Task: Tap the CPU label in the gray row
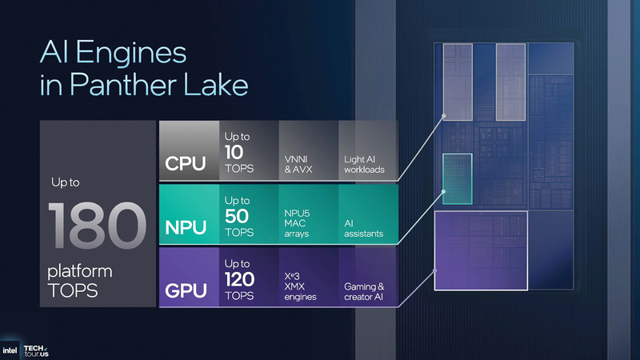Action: pos(186,164)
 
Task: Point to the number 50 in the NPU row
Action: pos(237,215)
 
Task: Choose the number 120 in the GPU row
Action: pos(240,278)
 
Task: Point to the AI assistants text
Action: pos(363,227)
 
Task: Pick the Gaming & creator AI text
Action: pos(365,291)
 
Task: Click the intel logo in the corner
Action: pos(10,350)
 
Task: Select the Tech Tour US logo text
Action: pos(38,349)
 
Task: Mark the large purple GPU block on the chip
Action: pos(480,250)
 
